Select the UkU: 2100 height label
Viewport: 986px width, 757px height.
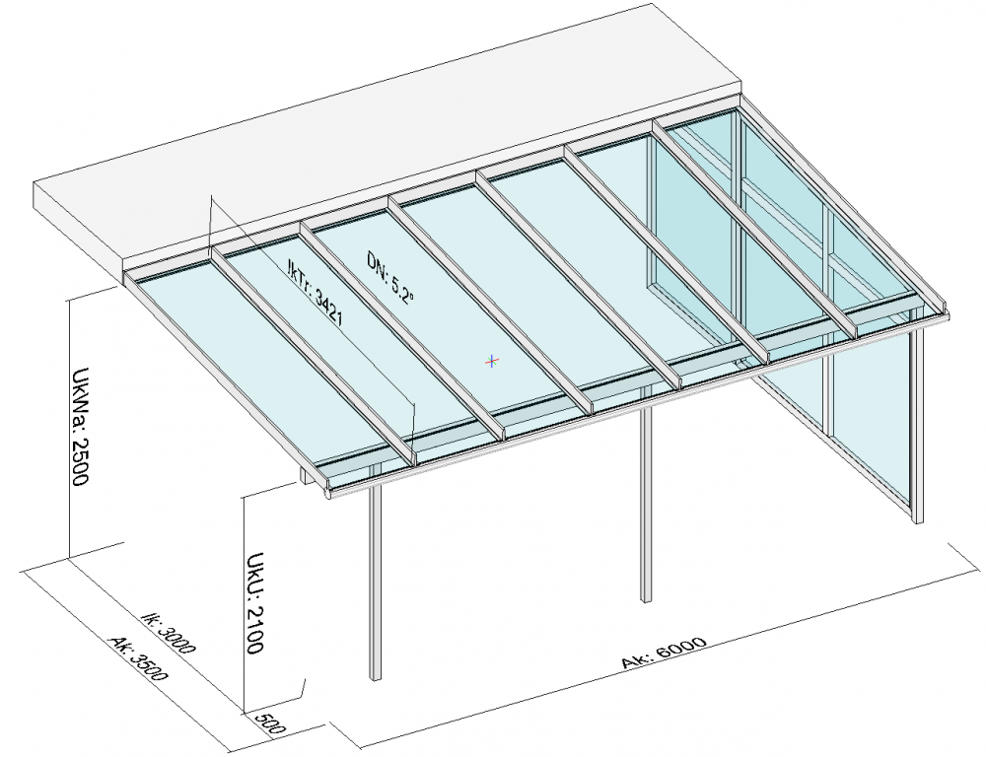coord(254,602)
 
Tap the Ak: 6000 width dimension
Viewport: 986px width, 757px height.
coord(664,653)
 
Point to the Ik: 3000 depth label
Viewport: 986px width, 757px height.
coord(168,633)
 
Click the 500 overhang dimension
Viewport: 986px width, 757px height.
coord(271,724)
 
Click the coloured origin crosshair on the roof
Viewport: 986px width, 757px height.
coord(492,361)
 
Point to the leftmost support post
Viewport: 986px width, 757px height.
coord(375,584)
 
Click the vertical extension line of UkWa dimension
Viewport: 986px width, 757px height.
coord(68,428)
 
